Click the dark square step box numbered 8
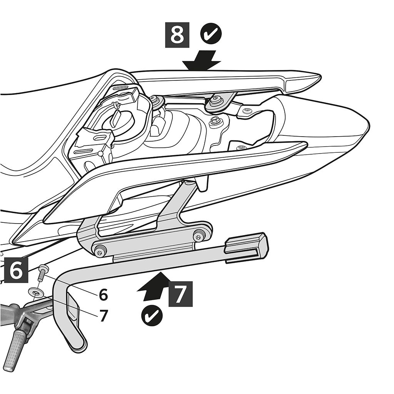tap(177, 35)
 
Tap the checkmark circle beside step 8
tap(211, 35)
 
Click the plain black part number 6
tap(103, 295)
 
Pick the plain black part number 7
tap(103, 316)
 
